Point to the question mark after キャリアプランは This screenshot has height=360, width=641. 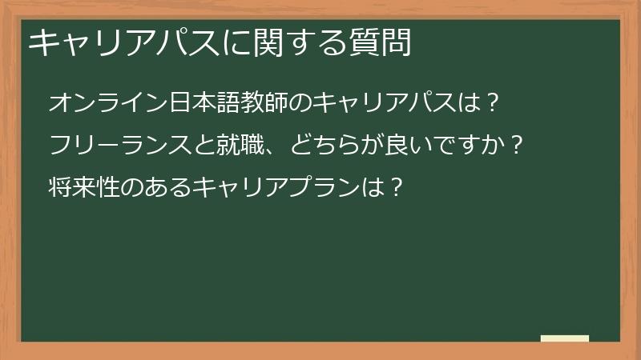pos(392,189)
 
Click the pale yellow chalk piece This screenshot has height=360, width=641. pos(565,338)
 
